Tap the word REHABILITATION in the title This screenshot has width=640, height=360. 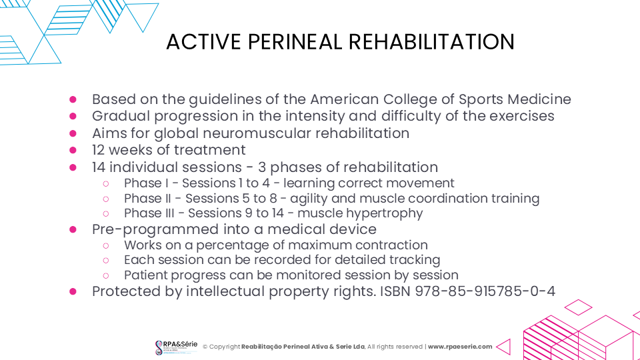pyautogui.click(x=431, y=41)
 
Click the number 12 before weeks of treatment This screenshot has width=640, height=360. pyautogui.click(x=99, y=150)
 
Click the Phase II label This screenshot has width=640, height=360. pyautogui.click(x=147, y=199)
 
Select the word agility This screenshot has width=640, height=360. pyautogui.click(x=305, y=199)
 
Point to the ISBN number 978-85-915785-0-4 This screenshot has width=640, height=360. pyautogui.click(x=485, y=291)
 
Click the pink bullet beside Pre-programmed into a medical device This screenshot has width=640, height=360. pyautogui.click(x=73, y=229)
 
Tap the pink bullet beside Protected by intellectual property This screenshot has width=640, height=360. pyautogui.click(x=73, y=291)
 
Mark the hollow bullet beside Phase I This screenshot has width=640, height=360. pyautogui.click(x=106, y=184)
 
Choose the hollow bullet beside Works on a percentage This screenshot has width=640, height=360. pyautogui.click(x=106, y=246)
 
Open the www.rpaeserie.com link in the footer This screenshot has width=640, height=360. pyautogui.click(x=460, y=347)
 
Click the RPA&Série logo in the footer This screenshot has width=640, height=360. pyautogui.click(x=176, y=347)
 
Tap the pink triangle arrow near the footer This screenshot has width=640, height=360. pyautogui.click(x=504, y=347)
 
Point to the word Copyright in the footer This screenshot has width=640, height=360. pyautogui.click(x=225, y=347)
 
